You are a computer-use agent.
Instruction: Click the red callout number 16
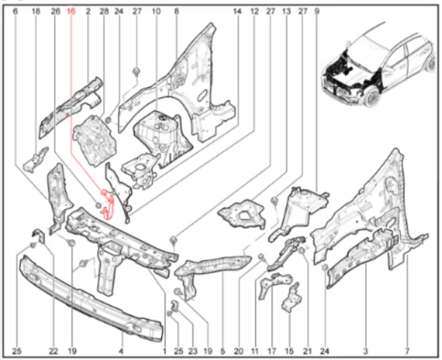[x=71, y=11]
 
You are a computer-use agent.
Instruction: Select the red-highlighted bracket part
[x=108, y=203]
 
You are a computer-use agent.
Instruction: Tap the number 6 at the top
[x=15, y=11]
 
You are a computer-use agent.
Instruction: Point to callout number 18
[x=35, y=11]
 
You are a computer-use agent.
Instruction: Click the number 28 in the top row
[x=104, y=11]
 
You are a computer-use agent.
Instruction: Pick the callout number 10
[x=156, y=11]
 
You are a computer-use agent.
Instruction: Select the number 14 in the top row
[x=237, y=11]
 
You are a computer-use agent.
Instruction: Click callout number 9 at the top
[x=317, y=11]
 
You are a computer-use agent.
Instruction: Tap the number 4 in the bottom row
[x=121, y=351]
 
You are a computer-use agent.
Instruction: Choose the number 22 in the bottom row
[x=53, y=351]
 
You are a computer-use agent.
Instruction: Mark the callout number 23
[x=193, y=351]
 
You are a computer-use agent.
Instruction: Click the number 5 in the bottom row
[x=222, y=351]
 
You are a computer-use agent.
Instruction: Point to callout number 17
[x=272, y=351]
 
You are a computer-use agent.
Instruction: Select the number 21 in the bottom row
[x=307, y=351]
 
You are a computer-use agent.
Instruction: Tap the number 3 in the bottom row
[x=365, y=351]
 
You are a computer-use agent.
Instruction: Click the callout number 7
[x=407, y=351]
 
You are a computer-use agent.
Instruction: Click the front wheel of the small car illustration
[x=373, y=96]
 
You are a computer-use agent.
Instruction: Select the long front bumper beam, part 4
[x=90, y=299]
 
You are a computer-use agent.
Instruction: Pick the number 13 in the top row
[x=287, y=11]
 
